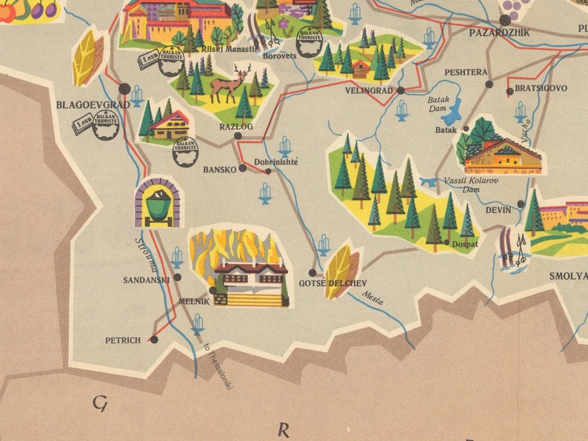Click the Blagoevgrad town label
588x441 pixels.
(x=93, y=105)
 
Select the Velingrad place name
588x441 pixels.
(x=368, y=91)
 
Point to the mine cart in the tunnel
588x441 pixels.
(x=157, y=203)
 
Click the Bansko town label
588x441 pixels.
(x=218, y=169)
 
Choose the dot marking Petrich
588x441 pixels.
(x=154, y=340)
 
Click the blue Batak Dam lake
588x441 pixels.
(x=450, y=111)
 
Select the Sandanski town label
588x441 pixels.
(x=146, y=280)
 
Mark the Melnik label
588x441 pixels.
(x=195, y=302)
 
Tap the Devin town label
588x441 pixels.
(x=498, y=210)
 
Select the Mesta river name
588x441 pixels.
(x=372, y=298)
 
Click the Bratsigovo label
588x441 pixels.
(x=541, y=88)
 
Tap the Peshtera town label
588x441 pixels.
(x=466, y=73)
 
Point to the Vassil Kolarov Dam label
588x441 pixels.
(x=471, y=184)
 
